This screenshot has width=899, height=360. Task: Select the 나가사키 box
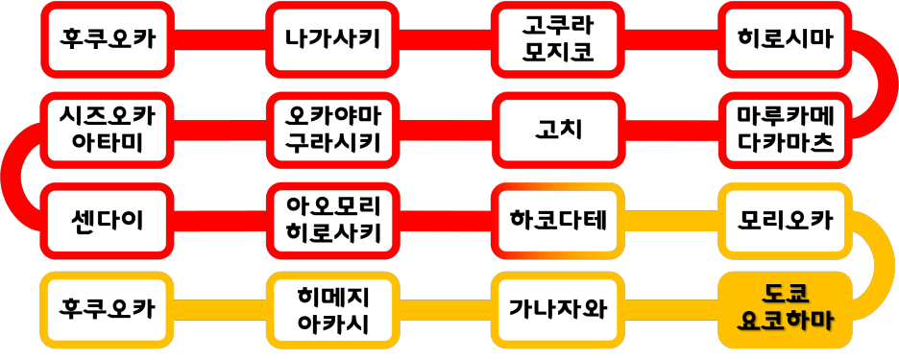332,40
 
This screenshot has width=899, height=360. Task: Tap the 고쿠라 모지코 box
557,40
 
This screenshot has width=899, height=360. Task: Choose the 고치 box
557,131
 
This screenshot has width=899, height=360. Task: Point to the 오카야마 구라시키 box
332,131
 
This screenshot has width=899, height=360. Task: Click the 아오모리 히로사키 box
332,221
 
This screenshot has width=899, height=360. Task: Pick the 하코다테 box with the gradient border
557,221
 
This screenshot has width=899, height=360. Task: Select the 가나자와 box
557,310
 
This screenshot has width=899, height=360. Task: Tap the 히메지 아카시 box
332,310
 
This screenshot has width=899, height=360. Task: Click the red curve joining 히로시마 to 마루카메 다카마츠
886,84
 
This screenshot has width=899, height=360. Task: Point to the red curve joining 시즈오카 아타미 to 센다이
12,176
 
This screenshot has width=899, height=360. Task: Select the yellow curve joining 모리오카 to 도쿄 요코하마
886,265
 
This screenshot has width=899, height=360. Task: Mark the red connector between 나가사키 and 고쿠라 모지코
445,40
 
